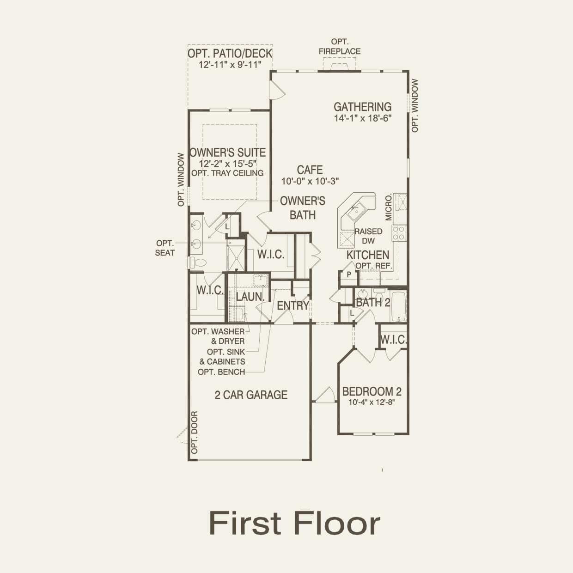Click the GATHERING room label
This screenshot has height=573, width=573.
coord(362,107)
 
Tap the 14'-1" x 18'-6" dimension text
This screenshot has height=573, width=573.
coord(362,118)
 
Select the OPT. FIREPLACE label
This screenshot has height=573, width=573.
coord(339,47)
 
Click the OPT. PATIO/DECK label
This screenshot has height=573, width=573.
coord(230,54)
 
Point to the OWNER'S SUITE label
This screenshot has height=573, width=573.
coord(227,152)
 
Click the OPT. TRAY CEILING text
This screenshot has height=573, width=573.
coord(227,173)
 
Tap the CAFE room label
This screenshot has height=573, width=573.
coord(310,170)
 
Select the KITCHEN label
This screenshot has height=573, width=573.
coord(368,255)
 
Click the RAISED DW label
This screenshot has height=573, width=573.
coord(368,236)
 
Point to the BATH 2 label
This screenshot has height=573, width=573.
coord(373,303)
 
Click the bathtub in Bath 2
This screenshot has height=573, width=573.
coord(398,306)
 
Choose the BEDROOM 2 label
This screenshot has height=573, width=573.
coord(372,392)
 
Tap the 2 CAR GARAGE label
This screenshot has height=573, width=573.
coord(251,395)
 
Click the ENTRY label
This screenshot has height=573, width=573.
coord(293,305)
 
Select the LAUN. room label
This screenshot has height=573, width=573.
coord(250,297)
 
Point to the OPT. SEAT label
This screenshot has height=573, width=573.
coord(165,248)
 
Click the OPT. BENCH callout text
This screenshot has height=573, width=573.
coord(221,372)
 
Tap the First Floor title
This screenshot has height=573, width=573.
coord(294,523)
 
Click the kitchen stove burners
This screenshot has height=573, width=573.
coord(398,233)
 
